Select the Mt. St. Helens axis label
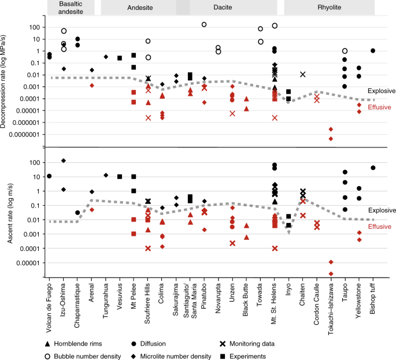(275, 302)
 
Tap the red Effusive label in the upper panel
(380, 107)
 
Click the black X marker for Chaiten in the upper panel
(302, 74)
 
